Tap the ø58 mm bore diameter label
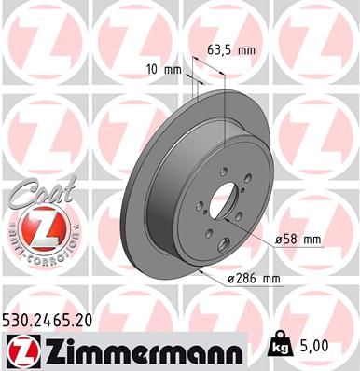click(x=298, y=239)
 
